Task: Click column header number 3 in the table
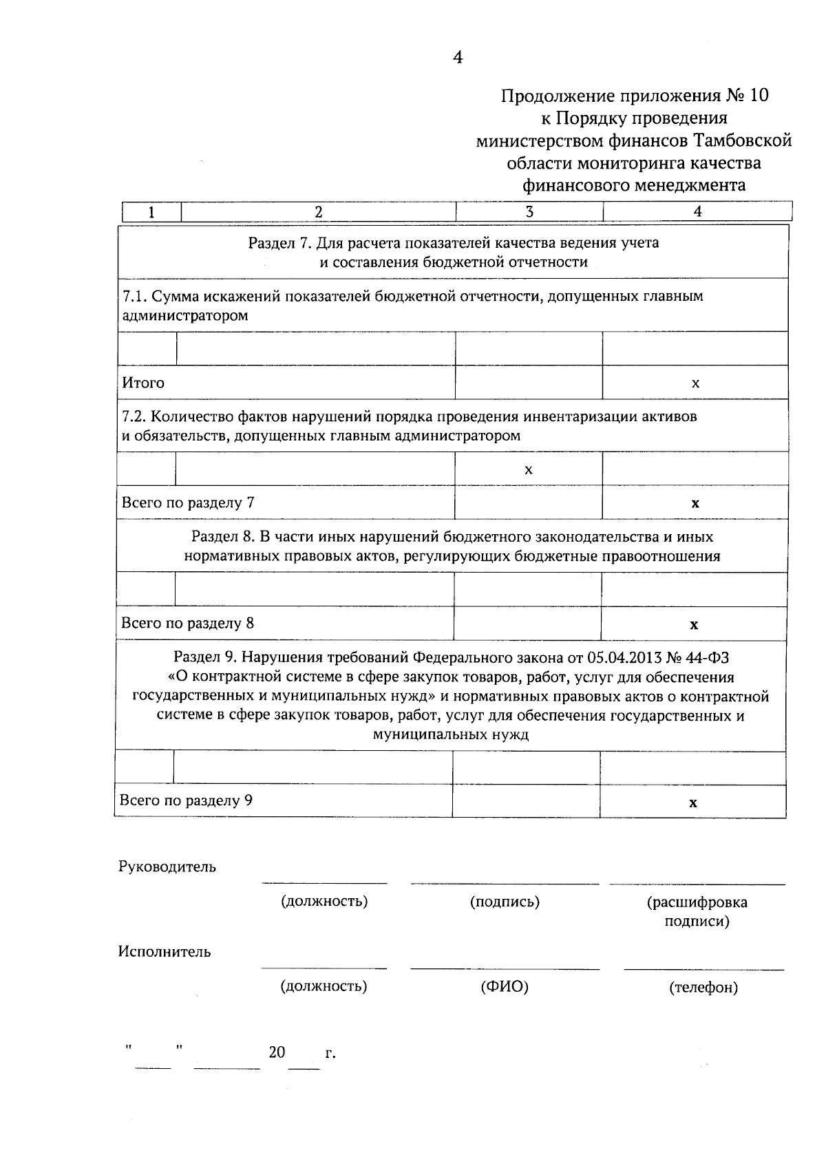[x=529, y=212]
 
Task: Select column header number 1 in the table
[x=151, y=212]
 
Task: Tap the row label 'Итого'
[x=143, y=383]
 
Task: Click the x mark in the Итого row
[x=695, y=383]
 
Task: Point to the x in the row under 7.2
[x=528, y=470]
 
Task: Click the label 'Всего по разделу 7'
[x=188, y=502]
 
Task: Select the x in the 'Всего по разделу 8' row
[x=694, y=625]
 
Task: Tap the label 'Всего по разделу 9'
[x=186, y=800]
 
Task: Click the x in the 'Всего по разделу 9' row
[x=693, y=803]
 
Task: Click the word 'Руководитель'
[x=167, y=867]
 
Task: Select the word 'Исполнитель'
[x=165, y=952]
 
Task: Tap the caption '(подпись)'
[x=504, y=902]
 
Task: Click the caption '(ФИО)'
[x=504, y=987]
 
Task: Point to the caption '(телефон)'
[x=703, y=988]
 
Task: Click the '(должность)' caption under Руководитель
[x=324, y=902]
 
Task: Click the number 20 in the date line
[x=277, y=1052]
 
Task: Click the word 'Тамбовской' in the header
[x=743, y=141]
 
